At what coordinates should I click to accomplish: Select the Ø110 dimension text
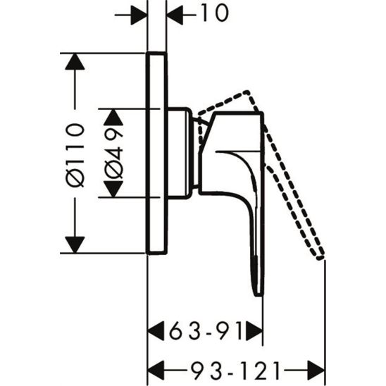coord(75,153)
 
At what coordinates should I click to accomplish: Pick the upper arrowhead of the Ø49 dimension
coord(115,117)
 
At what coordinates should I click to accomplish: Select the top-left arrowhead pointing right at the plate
coord(137,14)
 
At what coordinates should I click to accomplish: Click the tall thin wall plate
coord(156,153)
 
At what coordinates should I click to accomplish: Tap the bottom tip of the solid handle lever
coord(259,293)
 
